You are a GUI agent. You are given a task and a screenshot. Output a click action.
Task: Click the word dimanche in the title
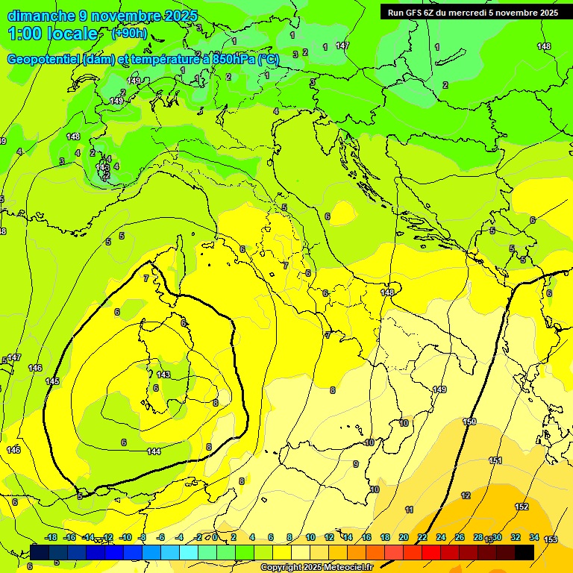coord(41,16)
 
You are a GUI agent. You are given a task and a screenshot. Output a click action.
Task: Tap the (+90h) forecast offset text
coord(129,33)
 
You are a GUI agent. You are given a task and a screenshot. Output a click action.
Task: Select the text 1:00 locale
coord(53,34)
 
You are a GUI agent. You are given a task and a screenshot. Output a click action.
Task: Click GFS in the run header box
coord(419,12)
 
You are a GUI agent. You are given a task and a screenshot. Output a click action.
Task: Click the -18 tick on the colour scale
coord(51,537)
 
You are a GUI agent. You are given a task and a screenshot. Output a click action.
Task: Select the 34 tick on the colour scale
coord(534,537)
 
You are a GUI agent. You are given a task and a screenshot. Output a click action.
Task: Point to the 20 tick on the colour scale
coord(404,537)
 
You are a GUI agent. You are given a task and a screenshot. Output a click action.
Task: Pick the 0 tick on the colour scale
coord(215,537)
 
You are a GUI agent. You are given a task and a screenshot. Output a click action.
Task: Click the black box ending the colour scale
coord(525,552)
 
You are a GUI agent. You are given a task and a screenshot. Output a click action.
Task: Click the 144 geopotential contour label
coord(154,451)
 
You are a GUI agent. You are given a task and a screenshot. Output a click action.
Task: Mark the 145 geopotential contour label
coord(52,381)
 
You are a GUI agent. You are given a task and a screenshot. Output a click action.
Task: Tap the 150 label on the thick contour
coord(469,422)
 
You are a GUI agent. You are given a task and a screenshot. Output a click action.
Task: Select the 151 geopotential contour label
coord(495,460)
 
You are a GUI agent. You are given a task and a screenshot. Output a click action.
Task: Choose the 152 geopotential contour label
coord(522,507)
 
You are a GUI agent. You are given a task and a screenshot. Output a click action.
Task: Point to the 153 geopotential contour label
coord(551,539)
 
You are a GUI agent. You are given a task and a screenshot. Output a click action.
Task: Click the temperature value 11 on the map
coord(409,510)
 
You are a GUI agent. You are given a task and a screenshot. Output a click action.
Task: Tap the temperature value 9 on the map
coord(356,464)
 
